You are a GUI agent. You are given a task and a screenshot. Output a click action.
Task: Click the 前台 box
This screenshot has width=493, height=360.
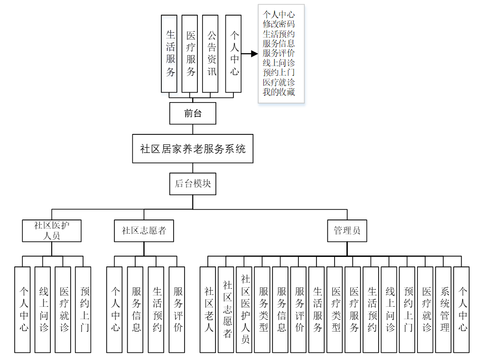[193, 114]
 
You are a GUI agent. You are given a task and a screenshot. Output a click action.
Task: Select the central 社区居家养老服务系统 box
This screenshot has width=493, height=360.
[193, 149]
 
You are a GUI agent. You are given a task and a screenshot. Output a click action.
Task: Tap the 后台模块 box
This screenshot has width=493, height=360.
[193, 184]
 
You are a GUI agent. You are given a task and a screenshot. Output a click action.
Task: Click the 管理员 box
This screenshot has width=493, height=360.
[347, 231]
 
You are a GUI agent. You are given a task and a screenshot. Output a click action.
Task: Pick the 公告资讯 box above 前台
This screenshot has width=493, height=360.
[210, 54]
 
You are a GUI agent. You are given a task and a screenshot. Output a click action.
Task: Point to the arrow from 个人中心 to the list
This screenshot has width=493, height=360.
[250, 54]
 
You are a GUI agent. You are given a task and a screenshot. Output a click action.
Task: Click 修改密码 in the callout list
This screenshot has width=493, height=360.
[279, 24]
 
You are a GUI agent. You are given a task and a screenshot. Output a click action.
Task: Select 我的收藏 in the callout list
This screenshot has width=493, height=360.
[279, 92]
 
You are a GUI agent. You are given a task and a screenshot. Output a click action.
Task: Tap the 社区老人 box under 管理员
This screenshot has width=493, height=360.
[208, 309]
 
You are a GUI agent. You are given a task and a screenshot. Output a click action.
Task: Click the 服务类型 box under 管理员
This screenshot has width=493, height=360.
[262, 309]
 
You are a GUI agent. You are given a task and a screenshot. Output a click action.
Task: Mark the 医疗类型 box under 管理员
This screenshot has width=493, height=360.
[335, 309]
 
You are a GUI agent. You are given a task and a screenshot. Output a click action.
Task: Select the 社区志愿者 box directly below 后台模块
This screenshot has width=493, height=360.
[144, 231]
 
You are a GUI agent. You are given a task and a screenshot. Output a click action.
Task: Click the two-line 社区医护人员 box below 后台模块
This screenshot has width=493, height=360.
[52, 231]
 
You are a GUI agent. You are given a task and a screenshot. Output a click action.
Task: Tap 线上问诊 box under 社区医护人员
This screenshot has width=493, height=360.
[42, 309]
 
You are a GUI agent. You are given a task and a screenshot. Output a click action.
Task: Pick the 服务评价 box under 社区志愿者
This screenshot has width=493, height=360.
[177, 309]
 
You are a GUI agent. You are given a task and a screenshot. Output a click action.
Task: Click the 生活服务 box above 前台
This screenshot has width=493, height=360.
[169, 54]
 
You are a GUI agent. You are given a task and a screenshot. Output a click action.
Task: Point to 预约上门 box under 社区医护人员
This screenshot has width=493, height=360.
[83, 309]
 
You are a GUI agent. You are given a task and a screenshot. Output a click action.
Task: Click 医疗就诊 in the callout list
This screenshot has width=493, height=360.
[279, 82]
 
